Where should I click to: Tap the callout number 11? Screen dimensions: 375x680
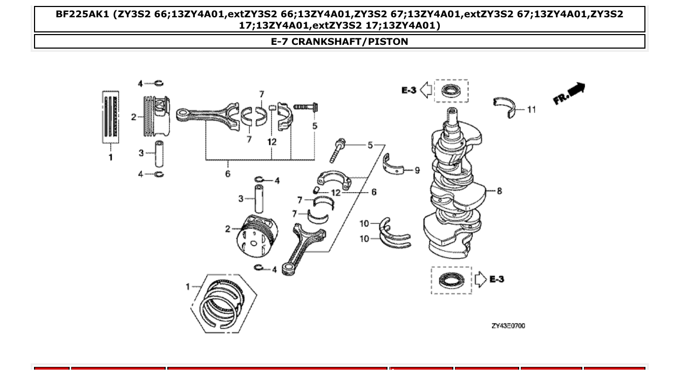[x=532, y=110]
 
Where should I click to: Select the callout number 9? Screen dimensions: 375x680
[x=417, y=170]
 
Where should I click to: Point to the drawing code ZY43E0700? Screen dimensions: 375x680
[x=508, y=326]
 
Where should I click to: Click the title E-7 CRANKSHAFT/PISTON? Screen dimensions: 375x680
[x=339, y=42]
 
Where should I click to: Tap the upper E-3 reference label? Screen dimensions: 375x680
[x=409, y=90]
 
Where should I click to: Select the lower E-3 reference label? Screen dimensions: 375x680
[x=497, y=279]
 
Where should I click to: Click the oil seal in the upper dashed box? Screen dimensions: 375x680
[x=451, y=90]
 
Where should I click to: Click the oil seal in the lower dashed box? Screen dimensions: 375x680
[x=451, y=280]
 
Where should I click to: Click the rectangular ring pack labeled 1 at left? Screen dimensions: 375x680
[x=110, y=116]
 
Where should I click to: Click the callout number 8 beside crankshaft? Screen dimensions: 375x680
[x=499, y=191]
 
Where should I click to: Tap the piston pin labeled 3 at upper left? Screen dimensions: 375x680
[x=159, y=153]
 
